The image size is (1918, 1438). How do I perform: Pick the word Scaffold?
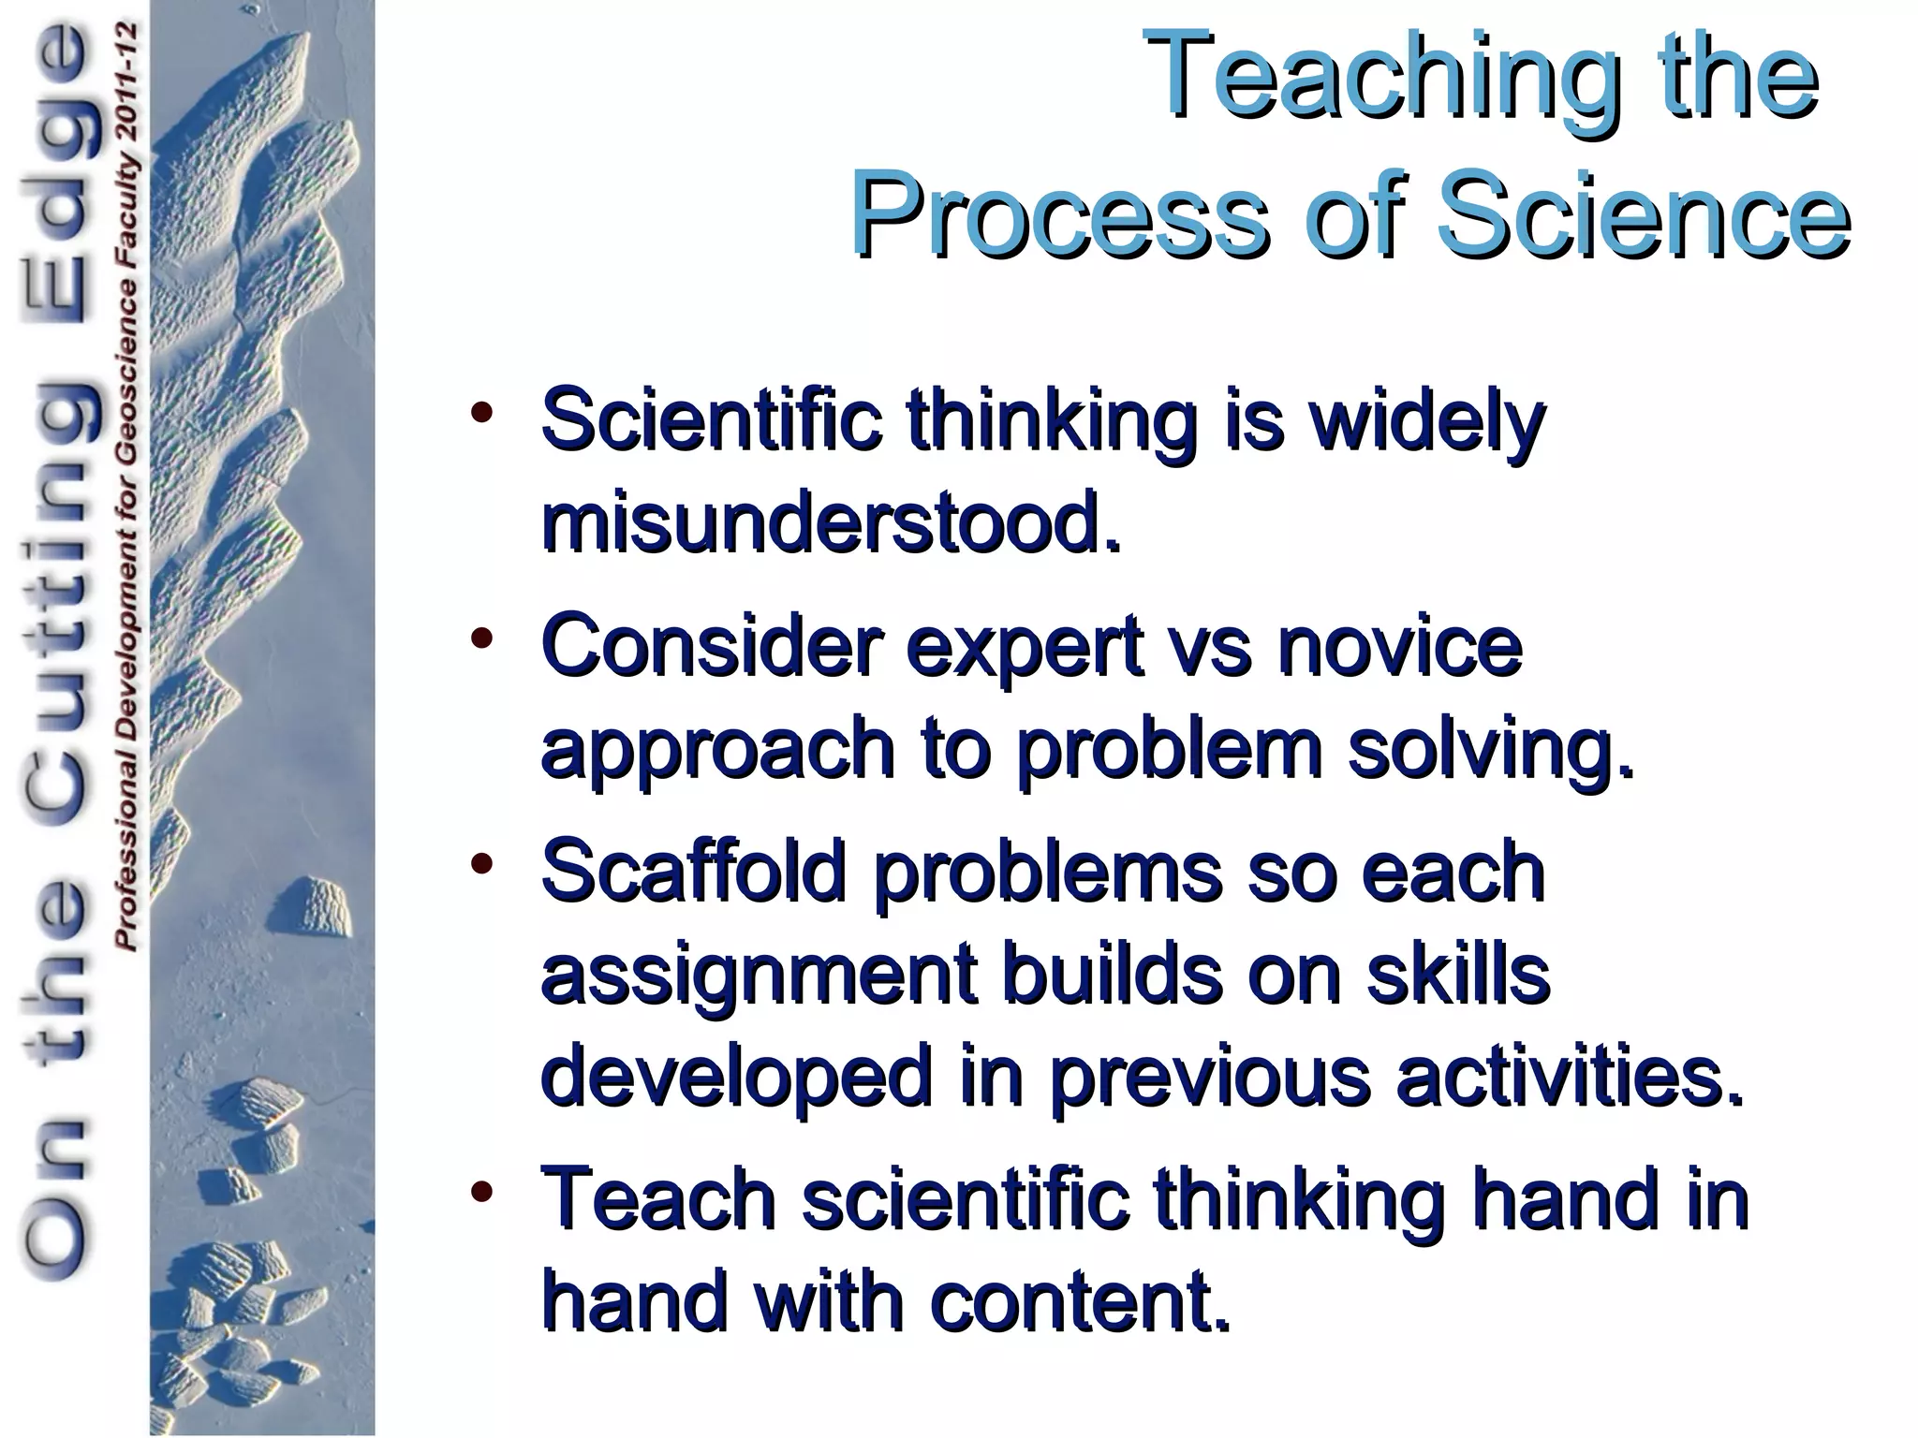(x=694, y=871)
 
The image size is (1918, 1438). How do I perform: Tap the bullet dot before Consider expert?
(x=481, y=639)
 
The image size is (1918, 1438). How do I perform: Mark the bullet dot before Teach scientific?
(x=481, y=1192)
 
